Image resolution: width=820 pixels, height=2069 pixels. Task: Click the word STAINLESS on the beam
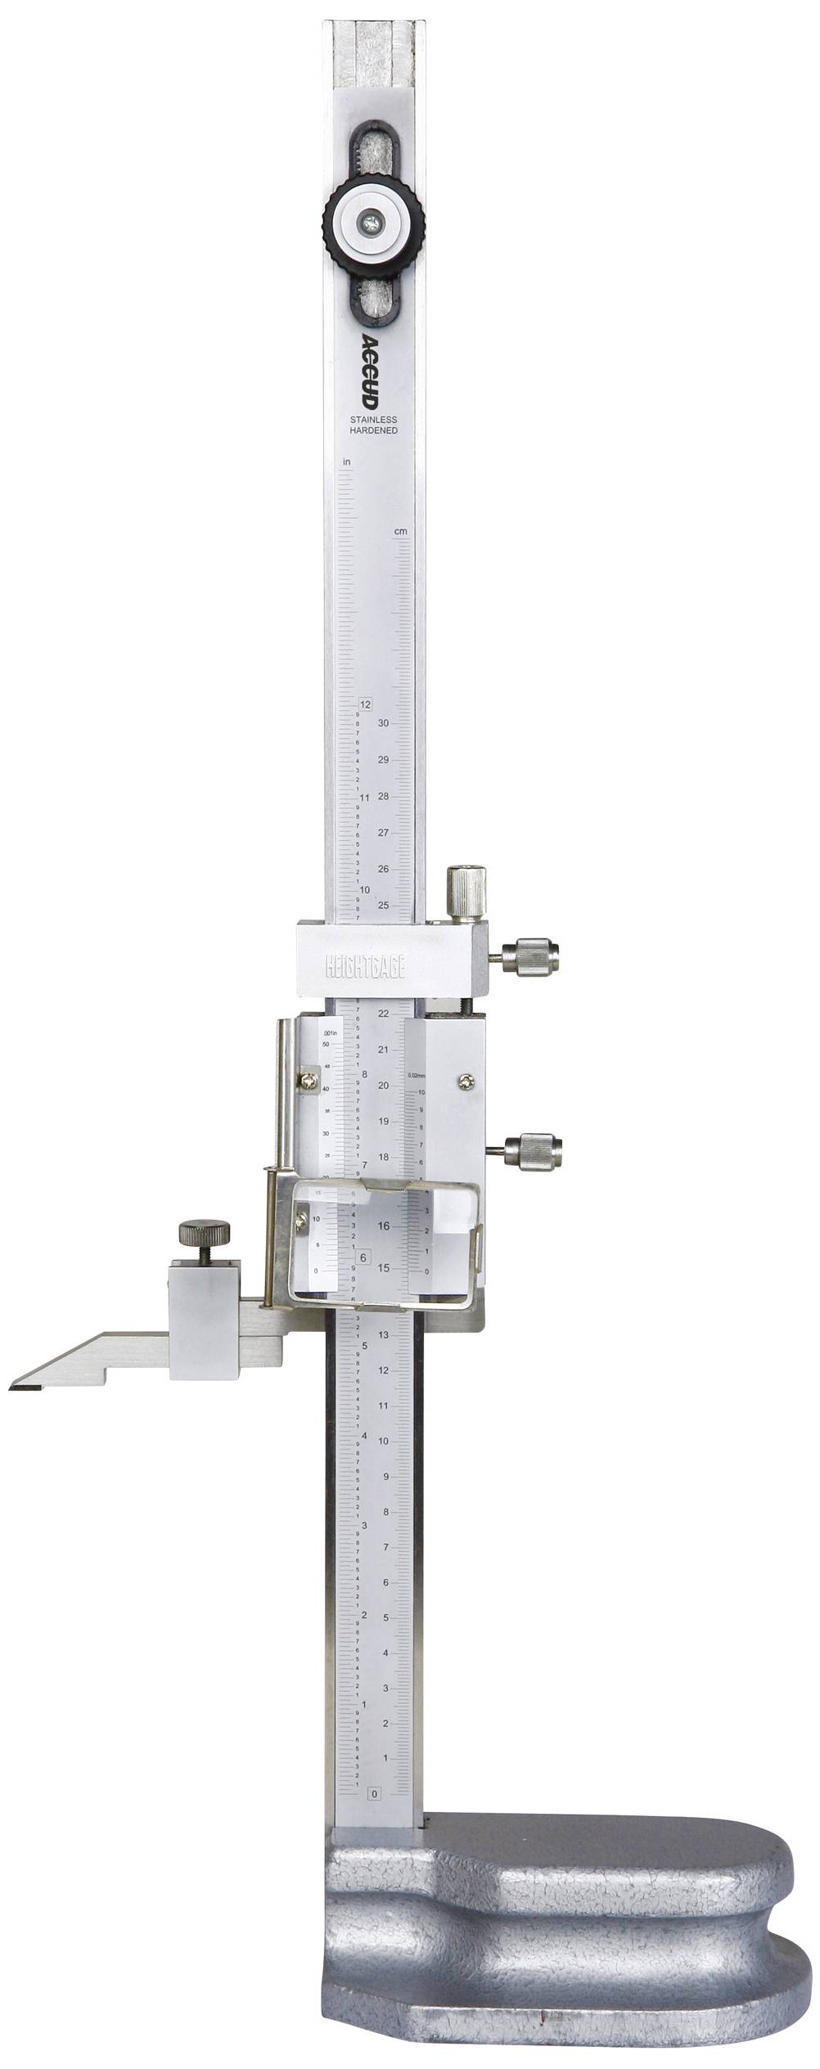(373, 420)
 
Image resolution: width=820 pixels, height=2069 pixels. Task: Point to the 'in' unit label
(346, 462)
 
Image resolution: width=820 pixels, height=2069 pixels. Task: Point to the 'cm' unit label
(400, 532)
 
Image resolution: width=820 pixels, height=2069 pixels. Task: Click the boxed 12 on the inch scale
(365, 704)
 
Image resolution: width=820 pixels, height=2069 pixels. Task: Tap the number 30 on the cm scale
(383, 724)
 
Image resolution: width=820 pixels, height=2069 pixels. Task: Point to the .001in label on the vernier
(331, 1030)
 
